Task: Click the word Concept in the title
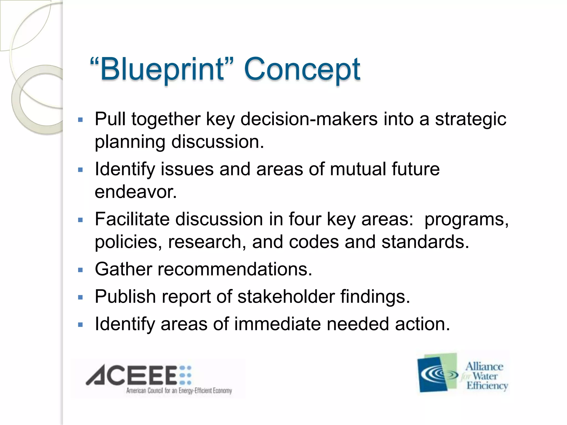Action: pos(302,69)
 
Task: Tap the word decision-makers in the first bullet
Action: pos(309,119)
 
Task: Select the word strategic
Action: pos(470,119)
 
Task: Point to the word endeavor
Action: pos(136,191)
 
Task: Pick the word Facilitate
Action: pos(132,219)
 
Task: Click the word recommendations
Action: pos(235,269)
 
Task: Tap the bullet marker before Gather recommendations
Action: pos(81,270)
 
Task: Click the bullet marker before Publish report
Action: pos(81,298)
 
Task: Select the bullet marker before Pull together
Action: pos(81,120)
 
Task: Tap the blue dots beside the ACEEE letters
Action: pos(185,375)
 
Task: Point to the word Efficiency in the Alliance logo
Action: pos(487,385)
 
